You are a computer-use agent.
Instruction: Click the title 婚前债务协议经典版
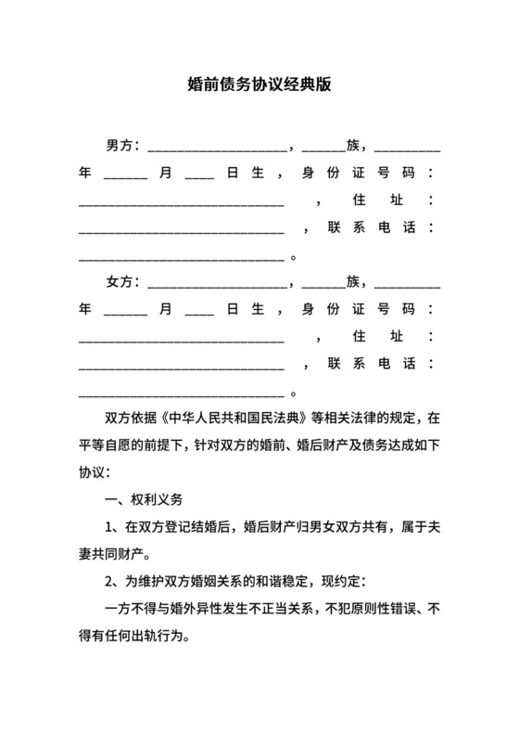click(259, 85)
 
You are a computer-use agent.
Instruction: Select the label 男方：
click(123, 146)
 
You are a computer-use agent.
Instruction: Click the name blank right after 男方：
click(217, 148)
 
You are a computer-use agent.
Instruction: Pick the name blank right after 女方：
click(217, 284)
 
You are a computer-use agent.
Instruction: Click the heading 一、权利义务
click(146, 499)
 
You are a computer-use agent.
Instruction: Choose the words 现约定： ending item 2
click(345, 583)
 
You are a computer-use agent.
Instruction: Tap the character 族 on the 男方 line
click(353, 146)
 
